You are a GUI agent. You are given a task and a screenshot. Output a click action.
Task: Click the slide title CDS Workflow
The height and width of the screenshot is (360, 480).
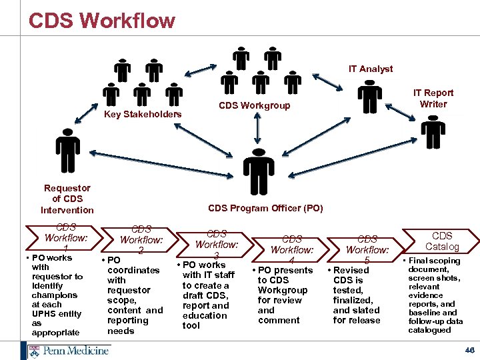coord(101,20)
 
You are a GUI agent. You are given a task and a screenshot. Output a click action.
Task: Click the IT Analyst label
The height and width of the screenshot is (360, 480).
coord(371,69)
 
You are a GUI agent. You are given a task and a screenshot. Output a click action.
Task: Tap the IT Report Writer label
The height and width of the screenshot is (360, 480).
coord(433,98)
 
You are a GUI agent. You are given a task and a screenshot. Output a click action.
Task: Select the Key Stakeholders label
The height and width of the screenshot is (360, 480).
coord(143,114)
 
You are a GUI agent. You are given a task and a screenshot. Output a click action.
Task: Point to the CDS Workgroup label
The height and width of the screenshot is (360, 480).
coord(255,105)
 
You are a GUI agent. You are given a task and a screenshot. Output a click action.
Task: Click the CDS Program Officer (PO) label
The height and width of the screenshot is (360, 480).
coord(265,208)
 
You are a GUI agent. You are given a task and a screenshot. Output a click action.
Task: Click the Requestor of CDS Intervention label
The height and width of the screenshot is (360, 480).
coord(67,199)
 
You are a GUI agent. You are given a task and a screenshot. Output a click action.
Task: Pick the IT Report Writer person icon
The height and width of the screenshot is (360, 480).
coord(433,131)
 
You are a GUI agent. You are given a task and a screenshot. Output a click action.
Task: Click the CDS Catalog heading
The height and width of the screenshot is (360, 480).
coord(442,241)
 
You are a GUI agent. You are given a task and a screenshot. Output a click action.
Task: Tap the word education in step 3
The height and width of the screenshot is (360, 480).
coord(206,315)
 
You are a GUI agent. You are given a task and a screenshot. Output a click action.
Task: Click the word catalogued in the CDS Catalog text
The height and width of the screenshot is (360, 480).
coord(429,330)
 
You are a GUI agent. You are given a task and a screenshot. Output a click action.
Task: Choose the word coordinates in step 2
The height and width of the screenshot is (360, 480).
coord(133,270)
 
